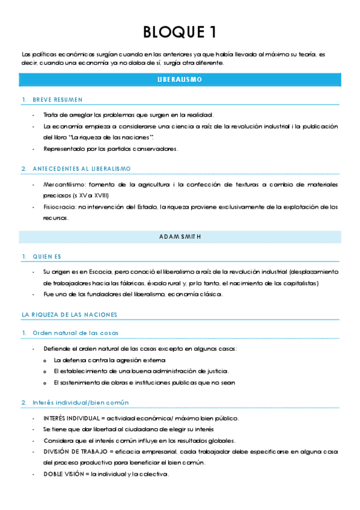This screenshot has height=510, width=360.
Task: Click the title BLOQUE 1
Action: (x=180, y=32)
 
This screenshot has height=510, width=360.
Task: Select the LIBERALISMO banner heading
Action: (x=180, y=79)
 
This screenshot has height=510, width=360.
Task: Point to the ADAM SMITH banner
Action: (x=180, y=236)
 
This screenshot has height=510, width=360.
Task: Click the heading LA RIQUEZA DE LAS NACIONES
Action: (x=69, y=315)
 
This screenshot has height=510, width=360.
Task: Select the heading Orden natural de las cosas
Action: (x=75, y=333)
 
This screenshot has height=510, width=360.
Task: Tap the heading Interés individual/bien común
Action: (x=81, y=402)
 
